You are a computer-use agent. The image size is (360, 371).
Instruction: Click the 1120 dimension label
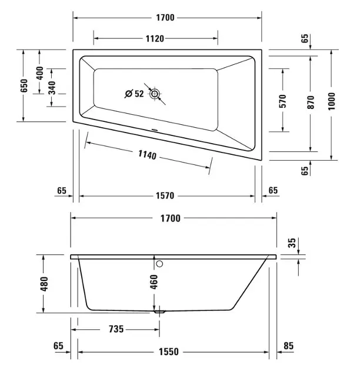[x=155, y=38]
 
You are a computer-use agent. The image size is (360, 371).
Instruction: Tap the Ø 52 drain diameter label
[x=134, y=94]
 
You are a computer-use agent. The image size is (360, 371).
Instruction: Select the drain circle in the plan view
[x=155, y=94]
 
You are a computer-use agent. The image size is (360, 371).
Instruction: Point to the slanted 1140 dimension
[x=147, y=155]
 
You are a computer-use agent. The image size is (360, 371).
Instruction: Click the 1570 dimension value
[x=165, y=196]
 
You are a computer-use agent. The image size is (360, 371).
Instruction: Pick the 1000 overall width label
[x=332, y=101]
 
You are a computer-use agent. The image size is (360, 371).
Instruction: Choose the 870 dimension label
[x=311, y=102]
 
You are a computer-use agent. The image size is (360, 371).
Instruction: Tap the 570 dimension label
[x=283, y=101]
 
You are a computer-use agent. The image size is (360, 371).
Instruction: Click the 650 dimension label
[x=24, y=85]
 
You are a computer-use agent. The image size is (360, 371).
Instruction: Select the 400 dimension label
[x=40, y=73]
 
